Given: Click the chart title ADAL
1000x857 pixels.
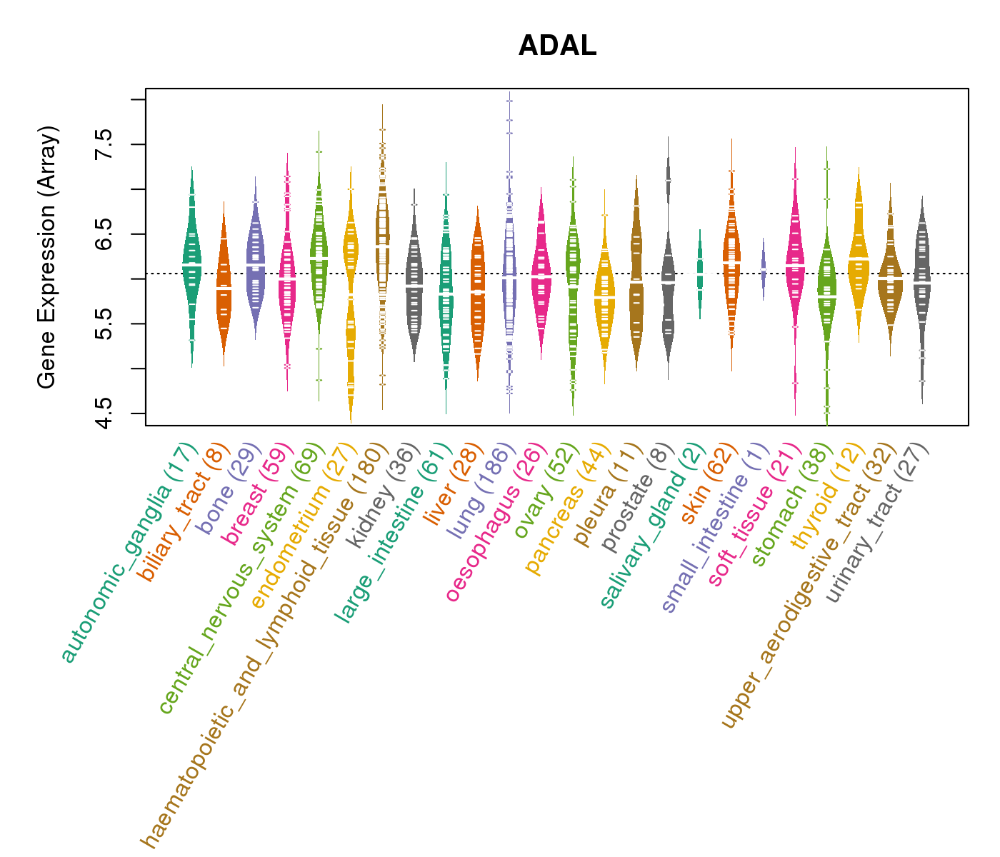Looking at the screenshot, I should (557, 46).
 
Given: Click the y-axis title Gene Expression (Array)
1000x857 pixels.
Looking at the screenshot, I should (46, 258).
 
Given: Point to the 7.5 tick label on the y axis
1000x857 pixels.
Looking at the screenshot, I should (104, 144).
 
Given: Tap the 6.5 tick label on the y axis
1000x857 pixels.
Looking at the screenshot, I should (104, 234).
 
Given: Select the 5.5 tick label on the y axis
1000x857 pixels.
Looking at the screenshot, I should (104, 324).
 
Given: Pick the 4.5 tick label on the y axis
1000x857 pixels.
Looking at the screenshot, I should (104, 414).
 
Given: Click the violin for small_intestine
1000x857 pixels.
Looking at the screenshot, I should (763, 269).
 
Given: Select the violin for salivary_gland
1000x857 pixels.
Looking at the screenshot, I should (700, 274).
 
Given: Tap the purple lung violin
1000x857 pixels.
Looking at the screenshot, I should (509, 271).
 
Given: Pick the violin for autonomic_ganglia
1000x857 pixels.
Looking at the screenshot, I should (191, 264).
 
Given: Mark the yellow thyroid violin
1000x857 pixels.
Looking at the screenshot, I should (859, 257).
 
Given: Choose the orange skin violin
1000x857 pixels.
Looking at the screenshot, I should (731, 264).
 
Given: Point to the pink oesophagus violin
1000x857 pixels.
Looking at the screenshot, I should (541, 275).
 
